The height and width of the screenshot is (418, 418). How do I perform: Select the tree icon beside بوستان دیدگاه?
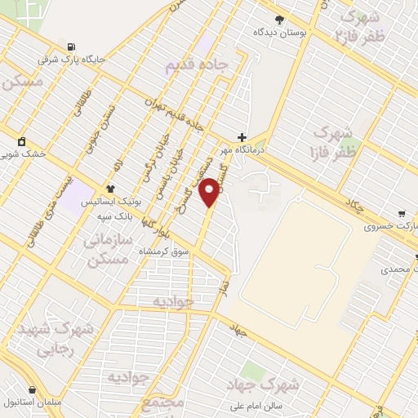280,19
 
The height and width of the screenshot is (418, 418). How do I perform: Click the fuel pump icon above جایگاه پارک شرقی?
73,47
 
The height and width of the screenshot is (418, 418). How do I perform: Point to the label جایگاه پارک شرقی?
73,60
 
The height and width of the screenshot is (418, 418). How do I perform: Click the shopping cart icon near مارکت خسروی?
401,213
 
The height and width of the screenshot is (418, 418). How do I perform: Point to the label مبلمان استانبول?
33,402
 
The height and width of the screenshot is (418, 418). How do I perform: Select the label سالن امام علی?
254,406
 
